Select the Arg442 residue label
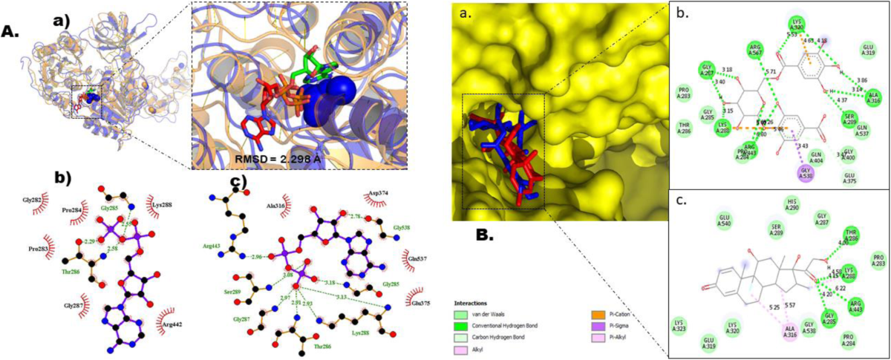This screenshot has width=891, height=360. coord(169,324)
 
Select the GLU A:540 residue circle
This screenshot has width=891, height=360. coord(725,220)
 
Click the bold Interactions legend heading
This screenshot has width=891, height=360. coord(472,303)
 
